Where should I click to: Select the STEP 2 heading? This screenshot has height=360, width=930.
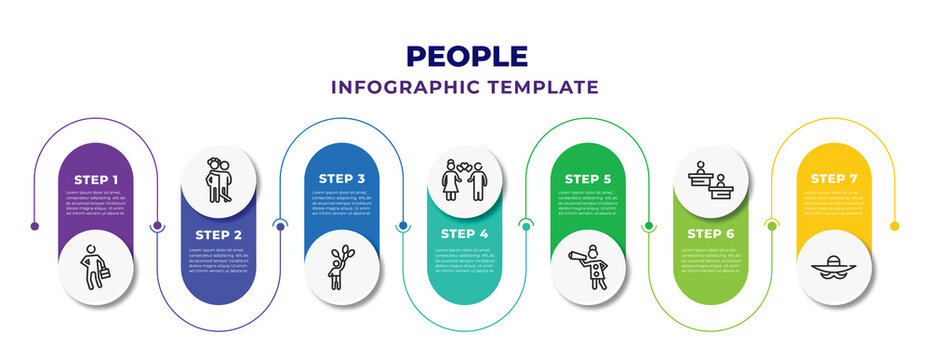pyautogui.click(x=219, y=234)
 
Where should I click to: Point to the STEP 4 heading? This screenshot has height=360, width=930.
pyautogui.click(x=465, y=234)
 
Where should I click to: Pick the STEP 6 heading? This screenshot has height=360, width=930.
pyautogui.click(x=711, y=234)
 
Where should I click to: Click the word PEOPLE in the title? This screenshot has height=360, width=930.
pyautogui.click(x=464, y=56)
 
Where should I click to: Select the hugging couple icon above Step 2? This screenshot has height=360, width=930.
pyautogui.click(x=219, y=180)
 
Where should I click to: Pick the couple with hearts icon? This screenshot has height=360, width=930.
pyautogui.click(x=465, y=180)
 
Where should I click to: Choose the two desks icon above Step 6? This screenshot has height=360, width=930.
pyautogui.click(x=711, y=180)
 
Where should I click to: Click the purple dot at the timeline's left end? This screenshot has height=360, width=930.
pyautogui.click(x=35, y=226)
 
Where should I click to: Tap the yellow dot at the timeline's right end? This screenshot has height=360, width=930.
pyautogui.click(x=895, y=226)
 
